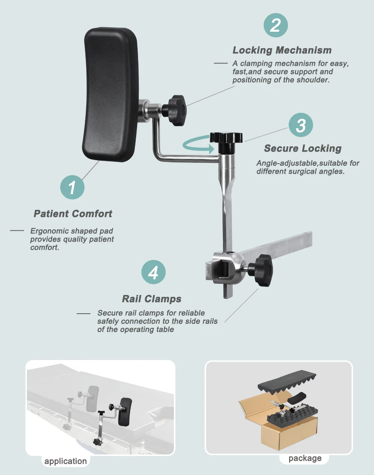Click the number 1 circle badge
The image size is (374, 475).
click(x=72, y=187)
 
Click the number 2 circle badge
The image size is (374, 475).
click(x=276, y=25)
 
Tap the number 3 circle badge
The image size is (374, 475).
click(x=301, y=125)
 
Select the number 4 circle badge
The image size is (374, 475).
click(x=153, y=272)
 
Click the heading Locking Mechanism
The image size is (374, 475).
click(x=282, y=50)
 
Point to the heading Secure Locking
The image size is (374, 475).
click(x=303, y=148)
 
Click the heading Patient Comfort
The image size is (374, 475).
click(x=73, y=214)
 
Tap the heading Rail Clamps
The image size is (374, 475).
click(x=151, y=299)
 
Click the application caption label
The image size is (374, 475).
click(x=65, y=461)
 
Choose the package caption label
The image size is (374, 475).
click(x=305, y=458)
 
